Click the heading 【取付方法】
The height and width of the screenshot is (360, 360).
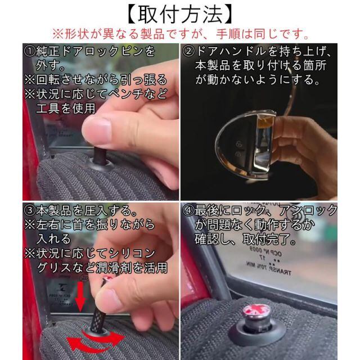[180, 14]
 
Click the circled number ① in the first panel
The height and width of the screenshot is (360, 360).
[30, 52]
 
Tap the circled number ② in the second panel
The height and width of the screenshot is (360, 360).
[188, 52]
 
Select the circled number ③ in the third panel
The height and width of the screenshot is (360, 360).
[30, 211]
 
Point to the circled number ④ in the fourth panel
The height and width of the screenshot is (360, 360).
[188, 211]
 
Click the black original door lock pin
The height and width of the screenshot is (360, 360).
[101, 155]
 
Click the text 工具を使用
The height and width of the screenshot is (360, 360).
[66, 108]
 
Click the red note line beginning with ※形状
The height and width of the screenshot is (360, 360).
[180, 34]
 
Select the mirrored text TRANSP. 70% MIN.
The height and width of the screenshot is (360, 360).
[269, 269]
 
